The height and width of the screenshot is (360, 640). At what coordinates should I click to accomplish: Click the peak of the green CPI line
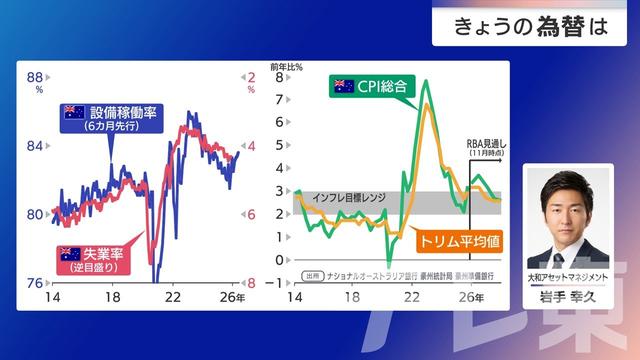click(426, 82)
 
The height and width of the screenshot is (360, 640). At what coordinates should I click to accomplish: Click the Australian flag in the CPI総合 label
click(345, 88)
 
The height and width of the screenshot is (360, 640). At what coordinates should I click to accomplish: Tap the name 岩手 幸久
click(567, 296)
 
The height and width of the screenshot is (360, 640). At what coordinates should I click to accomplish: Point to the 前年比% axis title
click(291, 65)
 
